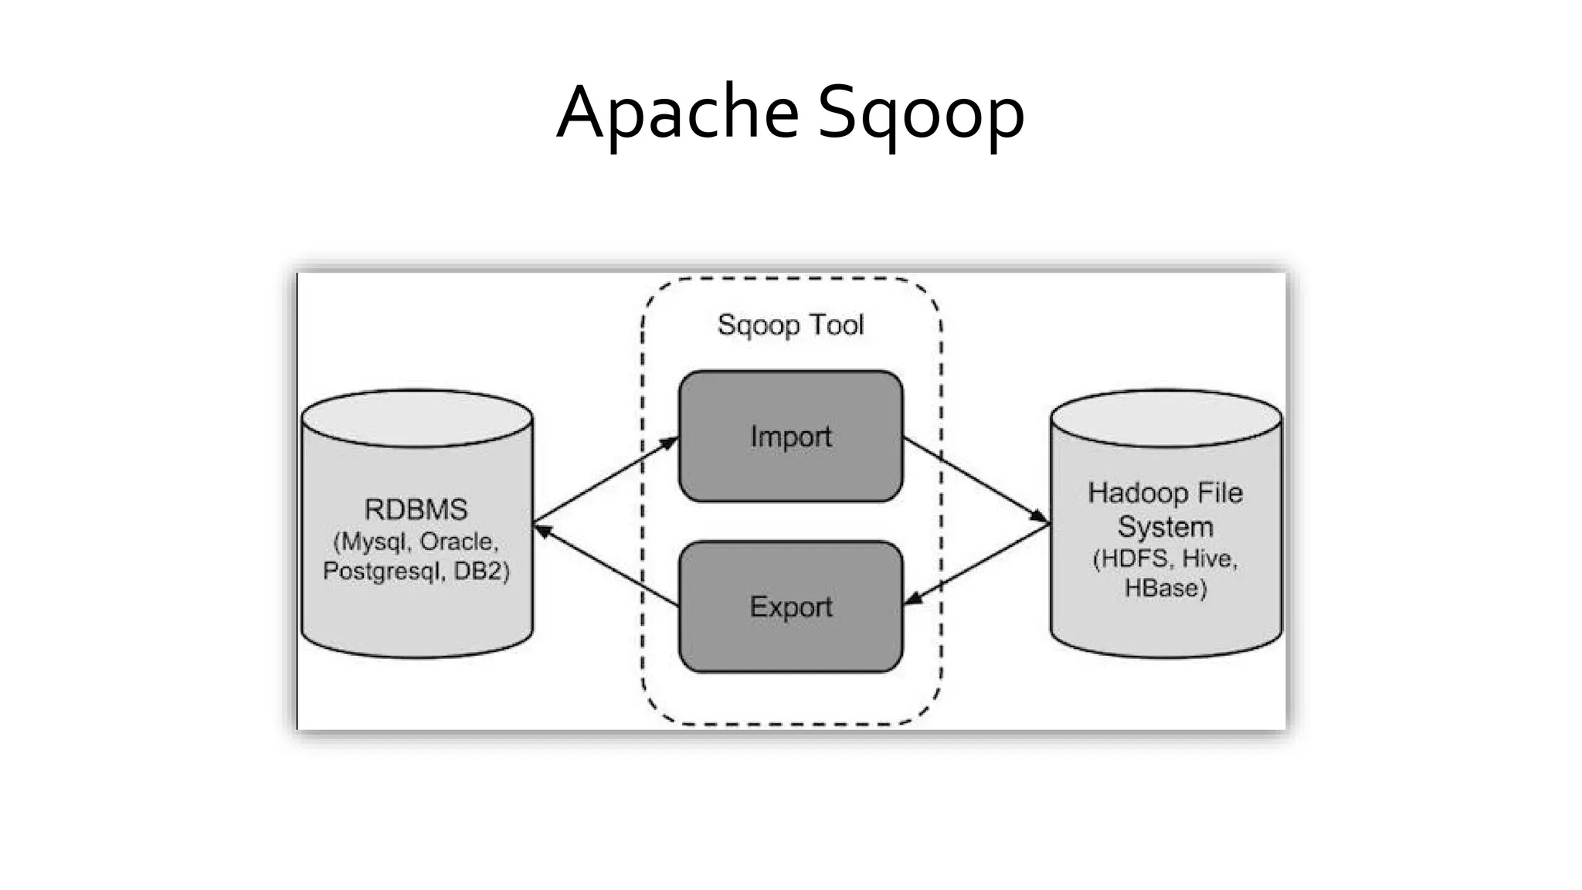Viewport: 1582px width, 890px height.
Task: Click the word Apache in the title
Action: pos(677,113)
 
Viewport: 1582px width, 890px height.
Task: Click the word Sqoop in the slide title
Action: pos(921,114)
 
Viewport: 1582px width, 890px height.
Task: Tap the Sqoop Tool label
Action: pos(790,324)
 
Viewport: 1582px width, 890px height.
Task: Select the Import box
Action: pos(790,437)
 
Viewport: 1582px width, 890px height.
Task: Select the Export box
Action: pos(790,607)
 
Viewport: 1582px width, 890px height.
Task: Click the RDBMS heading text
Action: pos(416,510)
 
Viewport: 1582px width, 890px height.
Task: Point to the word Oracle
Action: pos(457,542)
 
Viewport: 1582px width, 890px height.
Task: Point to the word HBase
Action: pos(1165,589)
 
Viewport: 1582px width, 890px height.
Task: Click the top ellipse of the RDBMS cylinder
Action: pos(416,417)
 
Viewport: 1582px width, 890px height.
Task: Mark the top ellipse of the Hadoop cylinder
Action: pos(1166,417)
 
